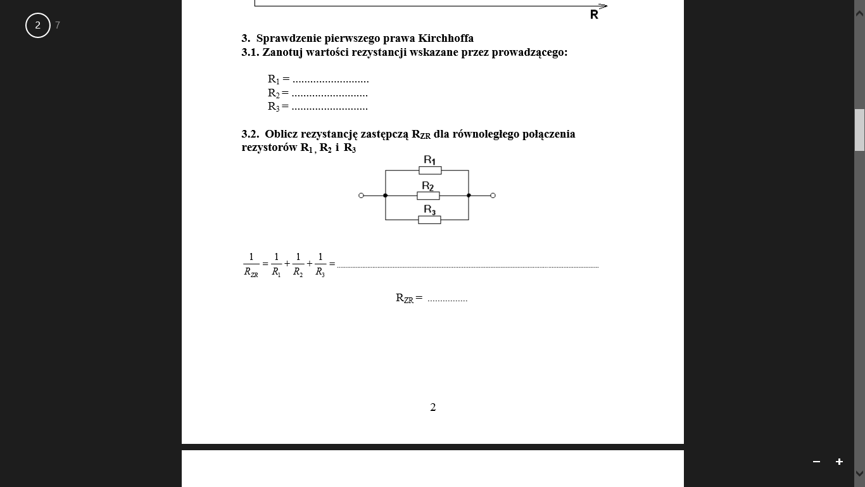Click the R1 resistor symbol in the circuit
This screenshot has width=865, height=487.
click(x=430, y=171)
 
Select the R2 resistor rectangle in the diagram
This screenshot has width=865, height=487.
click(x=429, y=195)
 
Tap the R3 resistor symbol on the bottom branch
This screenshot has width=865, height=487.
click(x=429, y=220)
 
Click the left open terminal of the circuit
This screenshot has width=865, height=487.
click(x=361, y=195)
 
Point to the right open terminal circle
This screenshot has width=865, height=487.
click(x=493, y=195)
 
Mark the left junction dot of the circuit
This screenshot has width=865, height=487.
click(x=386, y=195)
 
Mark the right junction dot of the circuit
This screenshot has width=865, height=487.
click(x=469, y=195)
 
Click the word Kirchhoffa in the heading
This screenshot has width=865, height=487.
click(x=446, y=38)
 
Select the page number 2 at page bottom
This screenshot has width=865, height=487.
click(x=433, y=407)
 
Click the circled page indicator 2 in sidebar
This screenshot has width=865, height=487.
click(x=38, y=25)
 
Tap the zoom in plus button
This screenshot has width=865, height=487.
click(x=839, y=462)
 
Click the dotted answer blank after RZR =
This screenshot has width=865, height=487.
click(x=447, y=299)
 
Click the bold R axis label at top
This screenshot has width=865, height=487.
click(x=594, y=15)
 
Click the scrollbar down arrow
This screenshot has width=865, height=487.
click(x=859, y=473)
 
